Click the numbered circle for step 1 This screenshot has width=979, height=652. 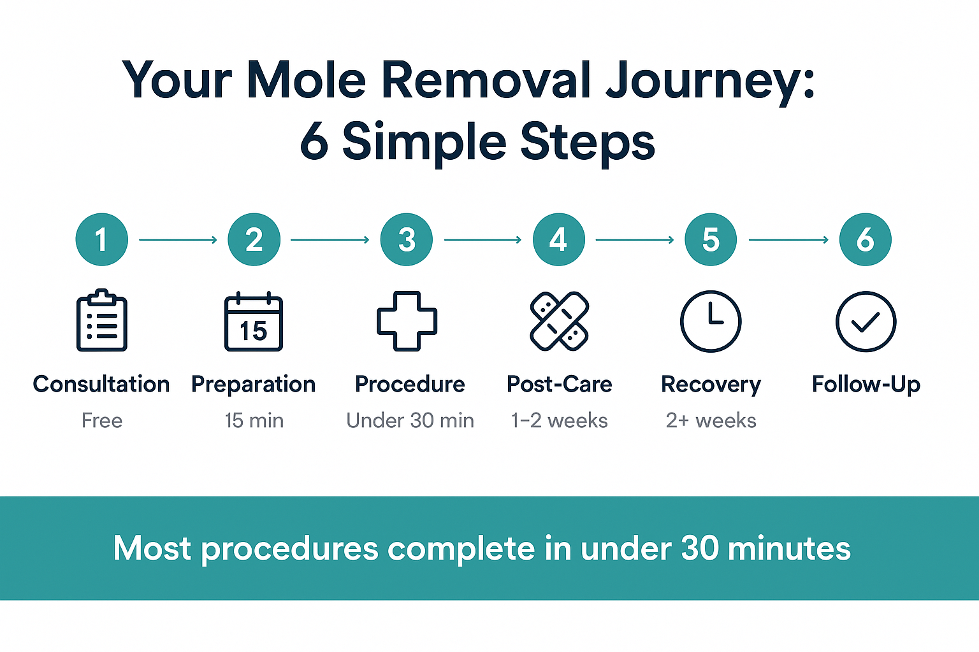tap(101, 239)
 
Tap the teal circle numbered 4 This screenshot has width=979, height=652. tap(558, 239)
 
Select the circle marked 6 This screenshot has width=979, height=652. tap(865, 239)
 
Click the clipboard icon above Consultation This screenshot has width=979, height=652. tap(102, 321)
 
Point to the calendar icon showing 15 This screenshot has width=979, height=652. tap(254, 322)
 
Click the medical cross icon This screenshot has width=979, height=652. tap(407, 321)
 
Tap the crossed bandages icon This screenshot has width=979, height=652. tap(559, 321)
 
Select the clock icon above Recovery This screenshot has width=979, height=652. tap(711, 321)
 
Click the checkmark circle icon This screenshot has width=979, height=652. tap(866, 322)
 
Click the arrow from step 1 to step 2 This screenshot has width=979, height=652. tap(178, 240)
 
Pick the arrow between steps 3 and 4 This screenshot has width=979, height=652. tap(482, 240)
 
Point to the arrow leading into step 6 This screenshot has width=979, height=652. tap(788, 240)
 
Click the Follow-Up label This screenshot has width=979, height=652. tap(866, 385)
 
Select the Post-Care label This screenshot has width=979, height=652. tap(559, 385)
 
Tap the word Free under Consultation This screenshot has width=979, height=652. tap(102, 420)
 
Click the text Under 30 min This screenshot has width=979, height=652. tap(410, 420)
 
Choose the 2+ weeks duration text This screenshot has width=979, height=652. tap(711, 420)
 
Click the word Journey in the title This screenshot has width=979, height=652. tap(709, 81)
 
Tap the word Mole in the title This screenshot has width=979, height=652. tap(306, 80)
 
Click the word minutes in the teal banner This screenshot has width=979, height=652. tap(788, 548)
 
